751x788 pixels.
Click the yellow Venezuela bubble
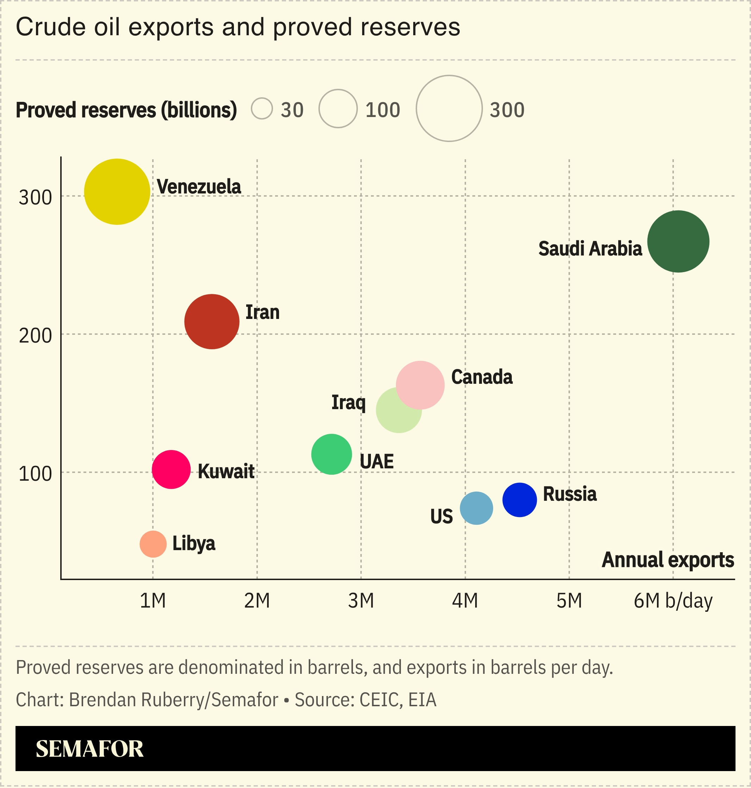click(117, 192)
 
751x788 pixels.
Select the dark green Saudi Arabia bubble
click(678, 241)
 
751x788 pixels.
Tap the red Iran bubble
click(212, 321)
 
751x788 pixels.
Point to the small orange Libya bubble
click(153, 544)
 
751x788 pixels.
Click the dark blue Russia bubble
click(520, 500)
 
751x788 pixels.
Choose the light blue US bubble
click(476, 508)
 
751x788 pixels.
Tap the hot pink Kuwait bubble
click(171, 470)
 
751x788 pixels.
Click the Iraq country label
click(348, 402)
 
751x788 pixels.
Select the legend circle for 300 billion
click(449, 109)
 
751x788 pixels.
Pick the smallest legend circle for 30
click(262, 109)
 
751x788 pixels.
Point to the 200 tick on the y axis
click(35, 335)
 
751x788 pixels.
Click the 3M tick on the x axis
click(361, 601)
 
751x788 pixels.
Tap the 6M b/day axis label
click(673, 601)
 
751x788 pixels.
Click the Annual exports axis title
click(668, 560)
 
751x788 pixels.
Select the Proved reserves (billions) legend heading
click(126, 110)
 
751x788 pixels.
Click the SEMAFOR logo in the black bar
click(90, 749)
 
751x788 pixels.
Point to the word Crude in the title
click(51, 27)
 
